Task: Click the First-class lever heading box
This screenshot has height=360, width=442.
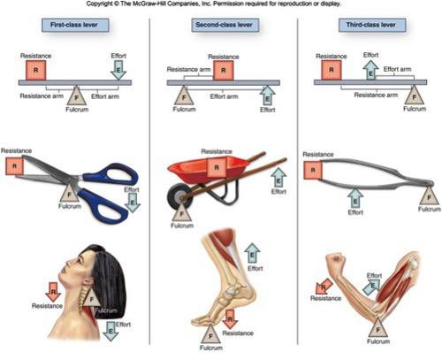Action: point(75,25)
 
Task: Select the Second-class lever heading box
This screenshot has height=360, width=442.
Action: point(225,25)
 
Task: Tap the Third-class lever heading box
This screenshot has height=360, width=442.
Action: point(372,25)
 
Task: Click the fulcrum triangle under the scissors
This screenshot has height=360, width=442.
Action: point(70,193)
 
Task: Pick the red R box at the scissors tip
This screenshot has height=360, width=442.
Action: point(14,166)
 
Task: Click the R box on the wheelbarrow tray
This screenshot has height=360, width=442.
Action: point(217,167)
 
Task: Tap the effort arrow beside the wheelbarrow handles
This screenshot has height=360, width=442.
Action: point(278,178)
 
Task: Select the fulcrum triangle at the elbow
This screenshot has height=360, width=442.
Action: point(377,328)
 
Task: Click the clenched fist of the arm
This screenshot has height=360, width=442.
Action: point(336,261)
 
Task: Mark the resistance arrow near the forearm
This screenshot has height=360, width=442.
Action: point(324,287)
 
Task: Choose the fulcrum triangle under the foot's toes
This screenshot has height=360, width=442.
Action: point(210,334)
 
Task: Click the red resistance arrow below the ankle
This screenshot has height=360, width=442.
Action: point(230,319)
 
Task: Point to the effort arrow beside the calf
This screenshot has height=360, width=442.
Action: point(252,253)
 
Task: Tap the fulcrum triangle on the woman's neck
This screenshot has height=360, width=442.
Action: point(91,298)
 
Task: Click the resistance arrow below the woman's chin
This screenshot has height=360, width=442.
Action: point(53,292)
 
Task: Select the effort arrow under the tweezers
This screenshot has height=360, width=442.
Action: point(355,198)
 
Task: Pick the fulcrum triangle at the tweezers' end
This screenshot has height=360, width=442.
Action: point(429,195)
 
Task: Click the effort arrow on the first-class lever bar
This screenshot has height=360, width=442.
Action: point(118,70)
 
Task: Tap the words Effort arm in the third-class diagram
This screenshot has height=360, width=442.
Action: point(397,69)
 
